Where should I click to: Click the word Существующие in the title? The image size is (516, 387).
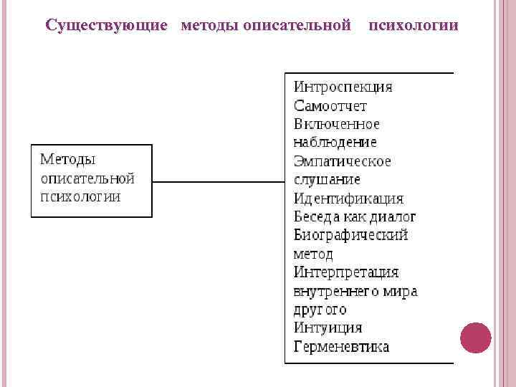tap(106, 26)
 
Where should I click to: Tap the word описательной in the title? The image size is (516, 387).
tap(297, 25)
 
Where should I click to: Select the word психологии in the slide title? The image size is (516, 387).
tap(414, 25)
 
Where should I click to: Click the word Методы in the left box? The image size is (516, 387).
tap(68, 160)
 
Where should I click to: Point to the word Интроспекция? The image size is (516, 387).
tap(343, 87)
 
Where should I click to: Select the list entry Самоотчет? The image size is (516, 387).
tap(330, 106)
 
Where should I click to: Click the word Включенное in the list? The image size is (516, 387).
tap(337, 125)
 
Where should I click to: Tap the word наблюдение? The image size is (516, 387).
tap(335, 143)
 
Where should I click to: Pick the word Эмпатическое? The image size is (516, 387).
tap(343, 161)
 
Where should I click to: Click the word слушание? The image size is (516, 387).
tap(327, 180)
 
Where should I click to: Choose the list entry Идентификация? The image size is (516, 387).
tap(348, 199)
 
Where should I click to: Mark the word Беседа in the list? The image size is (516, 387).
tap(317, 217)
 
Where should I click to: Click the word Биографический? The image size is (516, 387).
tap(350, 235)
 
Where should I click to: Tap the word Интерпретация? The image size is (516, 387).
tap(346, 272)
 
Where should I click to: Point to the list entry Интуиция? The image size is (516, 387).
tap(328, 328)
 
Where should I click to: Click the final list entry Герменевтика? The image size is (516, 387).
tap(342, 347)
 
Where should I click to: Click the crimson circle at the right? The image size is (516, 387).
tap(476, 338)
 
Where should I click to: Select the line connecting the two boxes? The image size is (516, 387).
tap(219, 181)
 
